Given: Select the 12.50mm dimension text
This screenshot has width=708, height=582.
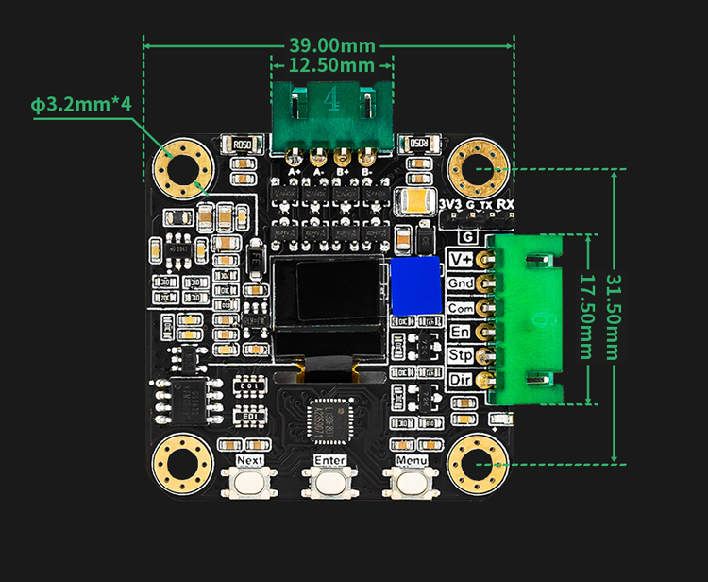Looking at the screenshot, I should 331,65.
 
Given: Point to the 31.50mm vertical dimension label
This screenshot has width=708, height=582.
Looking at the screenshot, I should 613,317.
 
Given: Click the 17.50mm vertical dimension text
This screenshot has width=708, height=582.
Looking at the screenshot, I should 585,317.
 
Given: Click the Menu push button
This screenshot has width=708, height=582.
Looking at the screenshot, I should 412,482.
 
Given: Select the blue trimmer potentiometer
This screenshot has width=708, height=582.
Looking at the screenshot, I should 415,286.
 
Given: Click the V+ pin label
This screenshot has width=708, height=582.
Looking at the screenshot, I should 462,260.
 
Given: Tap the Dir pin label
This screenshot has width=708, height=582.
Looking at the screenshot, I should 462,380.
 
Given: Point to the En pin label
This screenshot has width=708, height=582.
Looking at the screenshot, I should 462,332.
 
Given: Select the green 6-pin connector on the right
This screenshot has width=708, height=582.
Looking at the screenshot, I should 529,318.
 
